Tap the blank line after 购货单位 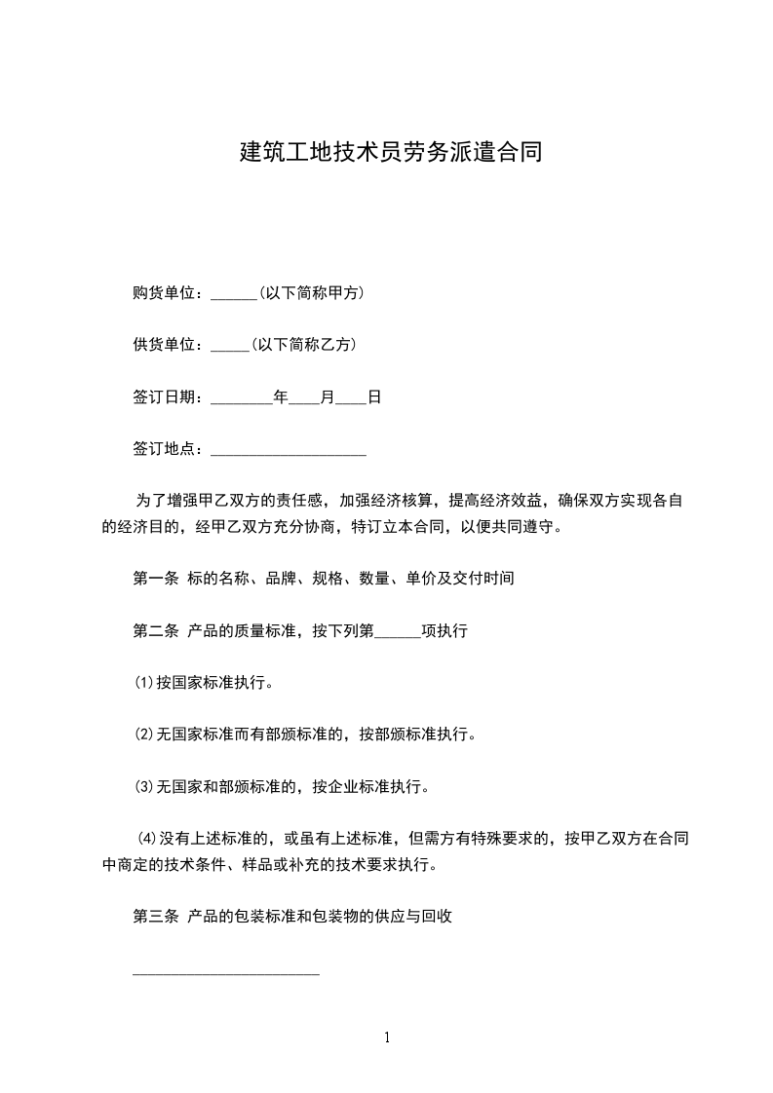233,294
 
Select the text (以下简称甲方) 311,292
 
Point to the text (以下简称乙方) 303,345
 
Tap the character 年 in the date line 281,397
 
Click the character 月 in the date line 328,397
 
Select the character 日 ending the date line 374,397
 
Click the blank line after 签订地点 288,451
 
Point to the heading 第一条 155,578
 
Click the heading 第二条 155,630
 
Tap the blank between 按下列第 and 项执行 398,633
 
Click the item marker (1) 144,683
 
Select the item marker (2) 144,735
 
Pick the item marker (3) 144,786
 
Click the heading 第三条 155,916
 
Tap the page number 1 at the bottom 387,1037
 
